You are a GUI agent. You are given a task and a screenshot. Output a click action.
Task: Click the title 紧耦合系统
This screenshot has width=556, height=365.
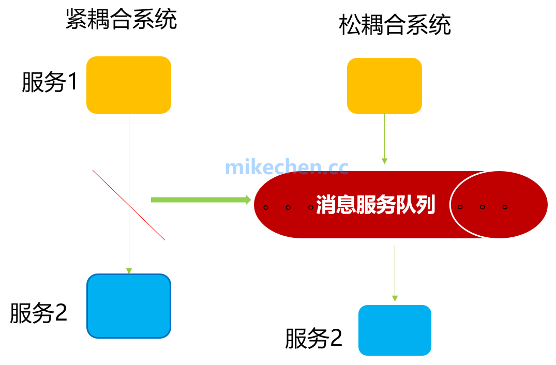click(122, 20)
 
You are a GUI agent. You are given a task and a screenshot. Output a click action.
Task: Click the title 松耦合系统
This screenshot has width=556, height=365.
click(395, 25)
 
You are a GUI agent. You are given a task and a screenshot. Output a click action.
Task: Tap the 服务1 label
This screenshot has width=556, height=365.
click(50, 82)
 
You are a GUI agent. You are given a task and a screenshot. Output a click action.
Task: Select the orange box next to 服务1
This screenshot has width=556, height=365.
click(128, 85)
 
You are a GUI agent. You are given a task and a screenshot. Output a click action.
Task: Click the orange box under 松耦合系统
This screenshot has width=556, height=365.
click(384, 85)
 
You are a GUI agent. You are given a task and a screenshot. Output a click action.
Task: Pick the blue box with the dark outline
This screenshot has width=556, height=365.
click(128, 306)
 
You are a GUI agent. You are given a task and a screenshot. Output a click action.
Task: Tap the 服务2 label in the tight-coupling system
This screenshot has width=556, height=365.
click(39, 313)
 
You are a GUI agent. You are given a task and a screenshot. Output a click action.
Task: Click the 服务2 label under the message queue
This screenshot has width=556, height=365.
click(314, 339)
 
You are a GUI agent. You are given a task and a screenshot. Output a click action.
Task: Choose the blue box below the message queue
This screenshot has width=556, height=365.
click(395, 330)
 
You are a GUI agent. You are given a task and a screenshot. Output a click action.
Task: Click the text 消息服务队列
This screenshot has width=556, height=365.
click(375, 205)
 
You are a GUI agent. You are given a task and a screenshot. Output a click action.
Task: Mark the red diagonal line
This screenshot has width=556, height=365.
click(129, 205)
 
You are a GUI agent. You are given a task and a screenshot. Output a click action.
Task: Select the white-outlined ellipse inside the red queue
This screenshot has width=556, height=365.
click(499, 205)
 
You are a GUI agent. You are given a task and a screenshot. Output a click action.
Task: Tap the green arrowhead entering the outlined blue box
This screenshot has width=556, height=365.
click(129, 271)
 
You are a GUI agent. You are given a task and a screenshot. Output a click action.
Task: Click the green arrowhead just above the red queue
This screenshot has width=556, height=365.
click(384, 161)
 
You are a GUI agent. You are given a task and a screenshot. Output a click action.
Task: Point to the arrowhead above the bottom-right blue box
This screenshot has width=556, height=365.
click(395, 298)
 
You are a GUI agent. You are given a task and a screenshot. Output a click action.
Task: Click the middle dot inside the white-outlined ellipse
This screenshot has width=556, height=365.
click(483, 207)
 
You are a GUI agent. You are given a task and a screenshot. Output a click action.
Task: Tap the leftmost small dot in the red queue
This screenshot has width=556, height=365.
click(266, 207)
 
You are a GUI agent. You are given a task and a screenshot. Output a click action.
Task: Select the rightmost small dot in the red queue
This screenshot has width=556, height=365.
click(505, 207)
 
